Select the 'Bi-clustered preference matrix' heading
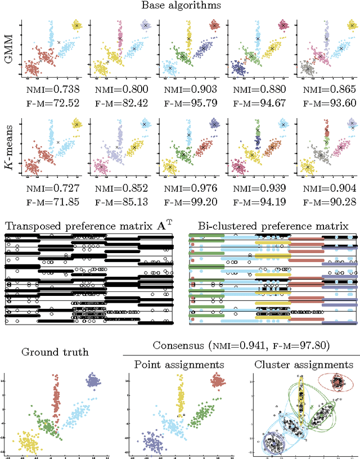(x=273, y=226)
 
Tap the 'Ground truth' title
(x=54, y=353)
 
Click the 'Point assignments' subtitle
(x=179, y=365)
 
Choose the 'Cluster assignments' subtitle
(x=304, y=365)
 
